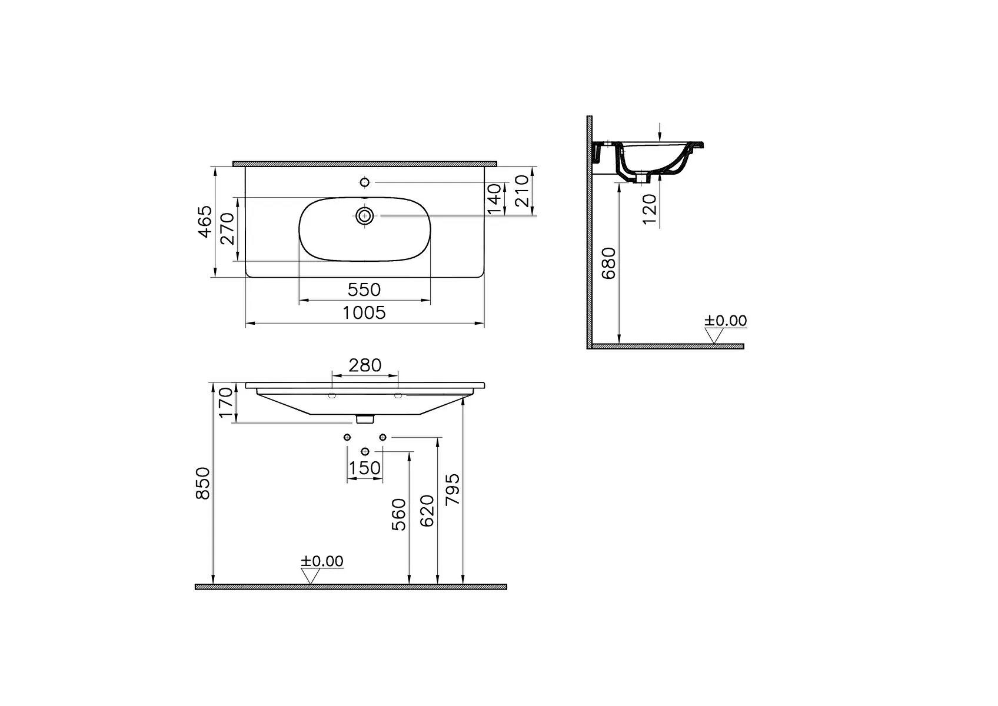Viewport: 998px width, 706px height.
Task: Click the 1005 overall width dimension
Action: [x=364, y=313]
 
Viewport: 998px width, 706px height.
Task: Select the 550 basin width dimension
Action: [x=364, y=290]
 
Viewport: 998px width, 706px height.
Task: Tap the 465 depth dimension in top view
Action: [x=204, y=222]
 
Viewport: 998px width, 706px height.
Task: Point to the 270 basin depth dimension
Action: [x=228, y=229]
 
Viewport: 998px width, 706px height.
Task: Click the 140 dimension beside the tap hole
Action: [x=494, y=198]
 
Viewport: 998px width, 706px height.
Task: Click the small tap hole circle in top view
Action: [x=364, y=182]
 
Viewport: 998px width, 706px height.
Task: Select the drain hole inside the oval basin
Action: [x=365, y=215]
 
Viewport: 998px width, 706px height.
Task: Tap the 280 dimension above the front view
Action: [x=365, y=365]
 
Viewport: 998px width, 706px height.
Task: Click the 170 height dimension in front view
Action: [x=225, y=402]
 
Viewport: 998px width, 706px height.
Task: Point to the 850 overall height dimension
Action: [x=202, y=484]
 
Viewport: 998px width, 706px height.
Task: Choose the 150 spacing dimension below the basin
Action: [x=365, y=469]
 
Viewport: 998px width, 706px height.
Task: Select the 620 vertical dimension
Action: [x=428, y=511]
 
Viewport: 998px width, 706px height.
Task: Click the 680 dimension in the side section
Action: [x=609, y=263]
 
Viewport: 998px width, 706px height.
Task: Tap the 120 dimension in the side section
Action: [x=650, y=209]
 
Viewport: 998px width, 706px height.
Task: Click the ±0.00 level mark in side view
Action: [x=725, y=321]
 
